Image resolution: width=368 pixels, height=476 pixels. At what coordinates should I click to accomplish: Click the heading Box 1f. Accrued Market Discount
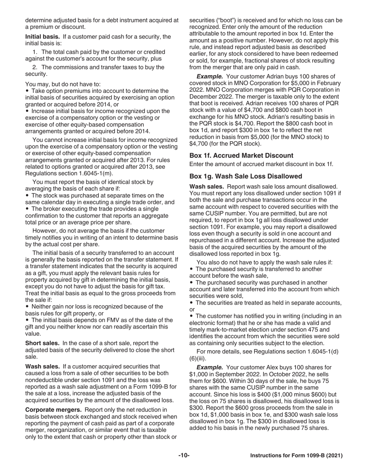coord(241,156)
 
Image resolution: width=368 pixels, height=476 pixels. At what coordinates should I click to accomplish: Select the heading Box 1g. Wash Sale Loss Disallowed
coord(246,176)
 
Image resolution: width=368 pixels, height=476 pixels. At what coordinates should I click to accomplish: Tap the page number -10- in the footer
coord(184,456)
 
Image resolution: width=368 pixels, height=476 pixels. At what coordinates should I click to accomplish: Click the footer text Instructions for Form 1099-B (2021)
coord(296,456)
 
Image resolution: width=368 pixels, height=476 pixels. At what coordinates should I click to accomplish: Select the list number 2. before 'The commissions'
coord(34,67)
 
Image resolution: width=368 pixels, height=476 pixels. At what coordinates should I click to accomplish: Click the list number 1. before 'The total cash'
coord(34,52)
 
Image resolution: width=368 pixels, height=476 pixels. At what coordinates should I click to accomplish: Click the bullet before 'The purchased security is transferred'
coord(191,269)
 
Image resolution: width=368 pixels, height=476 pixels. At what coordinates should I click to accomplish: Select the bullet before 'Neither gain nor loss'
coord(27,306)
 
